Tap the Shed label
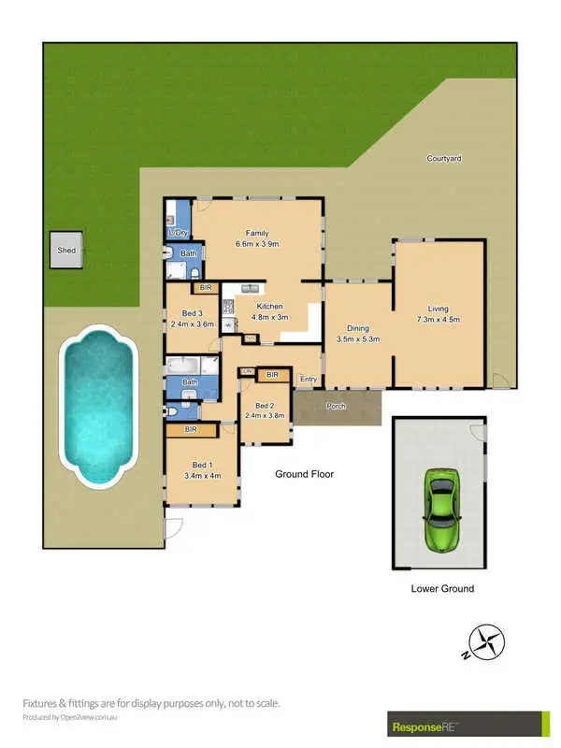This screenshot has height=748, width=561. tap(66, 252)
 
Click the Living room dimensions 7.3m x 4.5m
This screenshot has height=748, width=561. tap(438, 321)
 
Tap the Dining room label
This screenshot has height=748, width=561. tap(357, 329)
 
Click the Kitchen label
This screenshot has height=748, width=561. tap(270, 307)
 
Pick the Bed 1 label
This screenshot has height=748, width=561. tap(202, 465)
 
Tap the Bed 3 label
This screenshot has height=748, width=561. tap(193, 313)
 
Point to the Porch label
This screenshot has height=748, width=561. tap(336, 407)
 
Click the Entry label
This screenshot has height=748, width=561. tap(309, 379)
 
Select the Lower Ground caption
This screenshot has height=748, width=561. tap(442, 589)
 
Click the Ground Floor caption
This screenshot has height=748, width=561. tap(304, 474)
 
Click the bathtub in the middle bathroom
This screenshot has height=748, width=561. tap(188, 366)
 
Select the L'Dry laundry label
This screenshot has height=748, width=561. tap(178, 231)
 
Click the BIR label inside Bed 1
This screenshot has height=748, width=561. tap(191, 429)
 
